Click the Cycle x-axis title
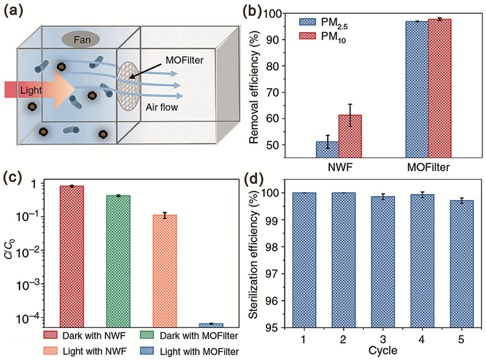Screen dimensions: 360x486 pyautogui.click(x=383, y=350)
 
